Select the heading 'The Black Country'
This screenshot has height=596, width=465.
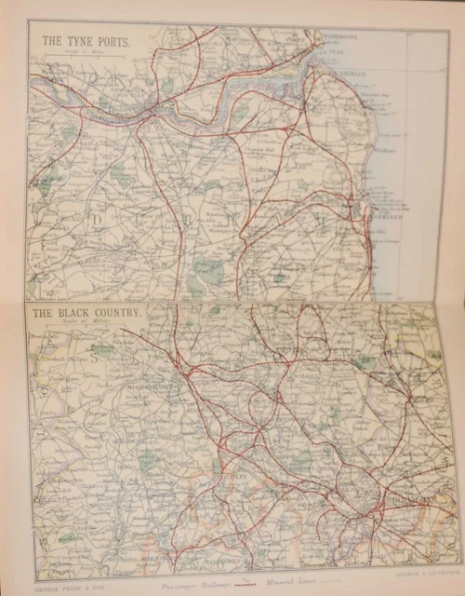(86, 313)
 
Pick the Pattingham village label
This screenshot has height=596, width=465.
(56, 381)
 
